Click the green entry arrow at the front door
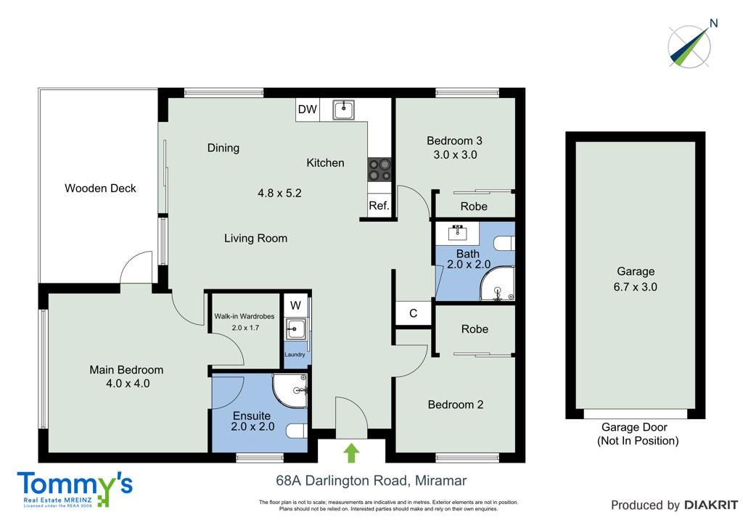(350, 453)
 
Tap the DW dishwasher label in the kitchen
(307, 109)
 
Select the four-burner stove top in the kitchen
(379, 170)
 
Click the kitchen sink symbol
(343, 109)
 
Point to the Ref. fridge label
(379, 205)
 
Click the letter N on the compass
(714, 22)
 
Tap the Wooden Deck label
(100, 189)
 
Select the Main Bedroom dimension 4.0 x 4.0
(128, 384)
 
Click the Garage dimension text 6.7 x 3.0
(635, 286)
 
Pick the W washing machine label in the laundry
(295, 305)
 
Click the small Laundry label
(295, 355)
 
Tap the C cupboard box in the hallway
(413, 313)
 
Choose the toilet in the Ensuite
(297, 431)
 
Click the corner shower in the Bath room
(497, 284)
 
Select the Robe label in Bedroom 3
(474, 207)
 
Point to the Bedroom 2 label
(456, 405)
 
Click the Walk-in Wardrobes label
(244, 316)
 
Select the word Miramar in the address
(440, 481)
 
